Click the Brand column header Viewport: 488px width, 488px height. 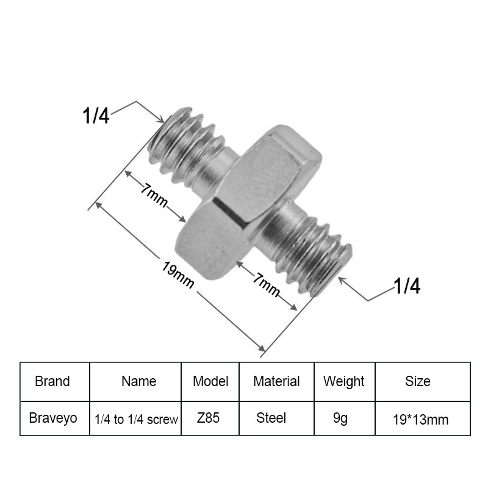click(x=52, y=381)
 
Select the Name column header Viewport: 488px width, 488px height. click(x=139, y=381)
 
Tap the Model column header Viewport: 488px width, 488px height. click(x=210, y=381)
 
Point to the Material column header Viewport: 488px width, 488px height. click(x=276, y=381)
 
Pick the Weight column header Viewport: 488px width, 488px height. click(x=344, y=382)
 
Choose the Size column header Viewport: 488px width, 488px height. click(x=418, y=381)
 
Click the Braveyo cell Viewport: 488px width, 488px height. click(x=53, y=418)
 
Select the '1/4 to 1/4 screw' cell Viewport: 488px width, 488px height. click(x=136, y=419)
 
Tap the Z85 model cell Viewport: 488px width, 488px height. click(x=208, y=418)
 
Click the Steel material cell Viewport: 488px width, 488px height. click(x=271, y=418)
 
